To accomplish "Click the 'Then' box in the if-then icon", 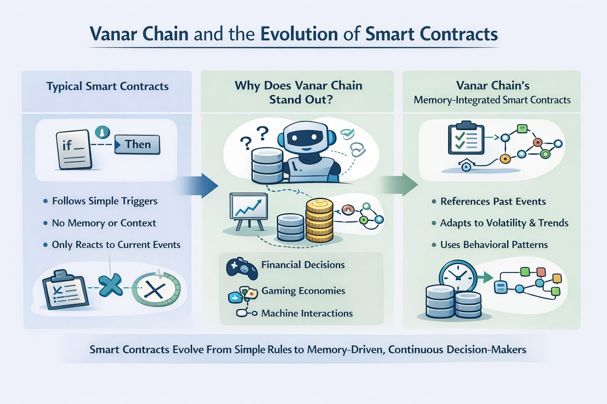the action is [138, 145].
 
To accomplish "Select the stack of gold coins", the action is [319, 221].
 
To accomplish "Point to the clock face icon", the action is [458, 277].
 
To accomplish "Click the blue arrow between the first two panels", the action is [202, 185].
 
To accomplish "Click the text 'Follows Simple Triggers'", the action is [105, 201].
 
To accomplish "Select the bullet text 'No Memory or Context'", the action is [104, 223].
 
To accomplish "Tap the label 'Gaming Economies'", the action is [303, 291].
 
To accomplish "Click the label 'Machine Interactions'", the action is [307, 314].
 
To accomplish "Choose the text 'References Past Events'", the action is [493, 202].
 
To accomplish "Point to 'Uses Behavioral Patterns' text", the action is [494, 245].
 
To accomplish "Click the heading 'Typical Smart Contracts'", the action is [107, 86].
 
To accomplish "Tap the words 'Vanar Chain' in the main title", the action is [139, 34].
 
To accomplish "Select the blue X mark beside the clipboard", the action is [110, 285].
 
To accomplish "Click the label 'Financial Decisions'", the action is [303, 265].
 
